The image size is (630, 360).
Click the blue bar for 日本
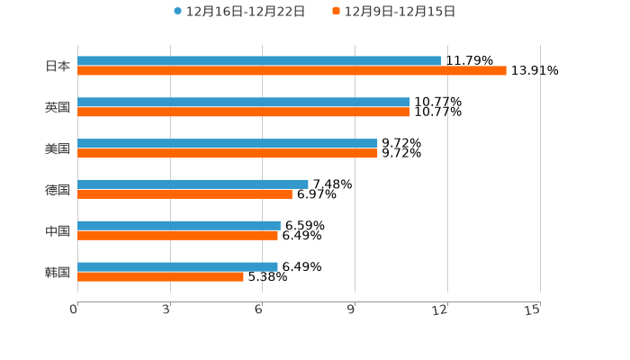pyautogui.click(x=259, y=61)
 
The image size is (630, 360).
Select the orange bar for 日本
pyautogui.click(x=292, y=70)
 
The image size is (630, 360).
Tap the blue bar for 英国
pyautogui.click(x=243, y=103)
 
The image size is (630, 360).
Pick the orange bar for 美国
pyautogui.click(x=227, y=154)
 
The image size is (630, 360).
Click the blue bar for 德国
pyautogui.click(x=193, y=184)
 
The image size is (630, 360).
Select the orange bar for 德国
pyautogui.click(x=184, y=194)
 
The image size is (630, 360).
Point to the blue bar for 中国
pyautogui.click(x=178, y=226)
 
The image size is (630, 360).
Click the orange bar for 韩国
pyautogui.click(x=160, y=277)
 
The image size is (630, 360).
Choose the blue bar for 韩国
pyautogui.click(x=177, y=267)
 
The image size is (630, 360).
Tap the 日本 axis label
pyautogui.click(x=58, y=66)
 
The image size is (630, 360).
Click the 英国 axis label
pyautogui.click(x=58, y=107)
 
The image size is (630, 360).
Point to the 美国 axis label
pyautogui.click(x=58, y=148)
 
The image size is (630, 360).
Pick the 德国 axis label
pyautogui.click(x=58, y=190)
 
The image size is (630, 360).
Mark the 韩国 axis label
pyautogui.click(x=58, y=272)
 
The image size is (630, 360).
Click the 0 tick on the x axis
pyautogui.click(x=75, y=310)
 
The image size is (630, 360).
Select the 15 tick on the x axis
pyautogui.click(x=533, y=310)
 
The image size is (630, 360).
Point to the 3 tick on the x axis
pyautogui.click(x=167, y=310)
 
